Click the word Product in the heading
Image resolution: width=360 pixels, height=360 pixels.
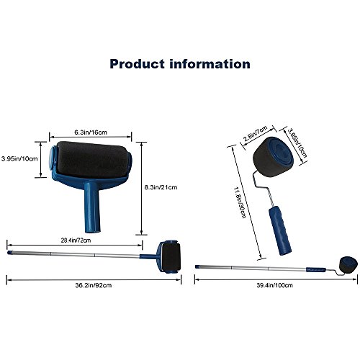(138, 64)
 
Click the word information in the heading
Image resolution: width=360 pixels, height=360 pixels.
(210, 64)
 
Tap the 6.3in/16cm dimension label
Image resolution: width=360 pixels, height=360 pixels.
(91, 132)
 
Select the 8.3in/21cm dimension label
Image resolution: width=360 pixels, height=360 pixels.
(161, 187)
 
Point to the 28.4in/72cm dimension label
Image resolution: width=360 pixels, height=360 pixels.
(76, 240)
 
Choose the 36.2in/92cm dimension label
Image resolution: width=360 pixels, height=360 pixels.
(94, 285)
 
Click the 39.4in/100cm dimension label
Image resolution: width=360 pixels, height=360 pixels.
(274, 285)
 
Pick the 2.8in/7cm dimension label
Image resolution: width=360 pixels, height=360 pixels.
(256, 133)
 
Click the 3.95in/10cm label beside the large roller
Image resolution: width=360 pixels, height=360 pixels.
(19, 158)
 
